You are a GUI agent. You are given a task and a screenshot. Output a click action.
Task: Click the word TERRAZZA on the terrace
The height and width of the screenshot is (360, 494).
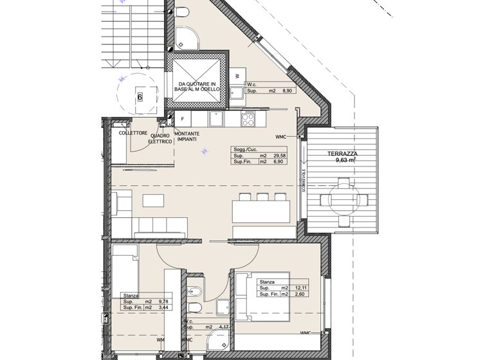[342, 154]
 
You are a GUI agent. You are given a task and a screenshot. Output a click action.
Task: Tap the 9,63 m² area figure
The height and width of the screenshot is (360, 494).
[345, 161]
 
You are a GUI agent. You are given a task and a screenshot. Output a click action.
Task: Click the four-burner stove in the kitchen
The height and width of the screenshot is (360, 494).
[248, 118]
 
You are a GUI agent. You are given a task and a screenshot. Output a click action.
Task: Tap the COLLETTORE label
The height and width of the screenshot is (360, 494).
[132, 133]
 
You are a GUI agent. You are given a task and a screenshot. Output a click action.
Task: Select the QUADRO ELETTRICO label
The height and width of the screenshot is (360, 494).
[161, 138]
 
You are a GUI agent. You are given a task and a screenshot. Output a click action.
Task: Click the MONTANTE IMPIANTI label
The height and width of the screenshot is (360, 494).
[187, 137]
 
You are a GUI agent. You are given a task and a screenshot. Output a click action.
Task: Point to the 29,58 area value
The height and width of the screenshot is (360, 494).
[279, 156]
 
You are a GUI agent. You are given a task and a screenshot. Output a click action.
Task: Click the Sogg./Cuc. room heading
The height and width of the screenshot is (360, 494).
[245, 149]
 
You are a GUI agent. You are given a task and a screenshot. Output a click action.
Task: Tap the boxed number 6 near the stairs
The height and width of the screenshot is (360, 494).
[139, 98]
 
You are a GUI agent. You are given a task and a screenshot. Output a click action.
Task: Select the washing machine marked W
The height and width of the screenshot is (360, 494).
[237, 76]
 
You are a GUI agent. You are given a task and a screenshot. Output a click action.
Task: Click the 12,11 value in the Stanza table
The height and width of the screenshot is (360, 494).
[300, 288]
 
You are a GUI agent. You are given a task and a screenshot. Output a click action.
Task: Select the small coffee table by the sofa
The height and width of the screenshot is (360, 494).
[153, 201]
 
